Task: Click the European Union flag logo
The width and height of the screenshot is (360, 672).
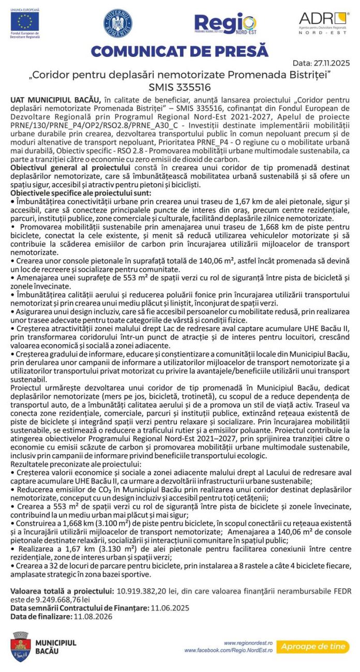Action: pos(25,21)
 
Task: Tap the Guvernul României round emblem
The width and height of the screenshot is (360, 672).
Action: pos(117,23)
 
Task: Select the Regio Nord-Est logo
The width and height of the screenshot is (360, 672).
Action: pos(225,24)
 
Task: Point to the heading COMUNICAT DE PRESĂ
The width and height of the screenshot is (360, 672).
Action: pos(179,52)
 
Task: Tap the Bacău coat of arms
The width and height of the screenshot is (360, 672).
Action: pos(21,647)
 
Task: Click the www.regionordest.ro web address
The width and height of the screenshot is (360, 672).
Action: pos(248,643)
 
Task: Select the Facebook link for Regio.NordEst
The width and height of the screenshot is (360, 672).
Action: pos(228,650)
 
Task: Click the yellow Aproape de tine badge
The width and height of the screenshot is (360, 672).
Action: pos(312,646)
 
